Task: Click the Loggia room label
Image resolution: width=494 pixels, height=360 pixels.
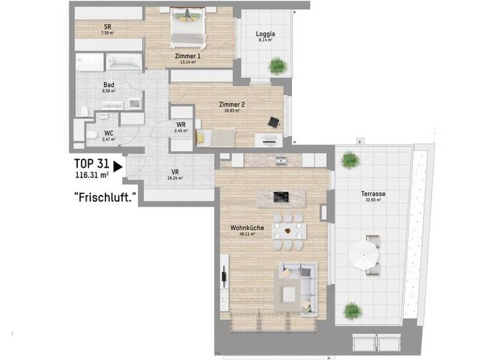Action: tap(265, 33)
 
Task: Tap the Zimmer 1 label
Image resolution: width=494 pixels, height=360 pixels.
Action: tap(187, 56)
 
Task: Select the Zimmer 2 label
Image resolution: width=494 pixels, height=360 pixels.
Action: tap(231, 104)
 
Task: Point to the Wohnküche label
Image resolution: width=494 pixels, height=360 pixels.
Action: tap(247, 228)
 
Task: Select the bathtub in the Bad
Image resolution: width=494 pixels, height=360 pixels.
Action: tap(124, 62)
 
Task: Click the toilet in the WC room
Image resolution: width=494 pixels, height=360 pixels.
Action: tap(93, 135)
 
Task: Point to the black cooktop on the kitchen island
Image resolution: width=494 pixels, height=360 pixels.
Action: tap(281, 196)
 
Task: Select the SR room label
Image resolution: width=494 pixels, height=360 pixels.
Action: tap(108, 27)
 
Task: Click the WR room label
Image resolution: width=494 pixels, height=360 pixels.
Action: tap(181, 125)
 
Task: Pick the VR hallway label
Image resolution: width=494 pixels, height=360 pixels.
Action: tap(174, 172)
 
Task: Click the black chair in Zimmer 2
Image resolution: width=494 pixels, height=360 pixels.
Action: tap(274, 122)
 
